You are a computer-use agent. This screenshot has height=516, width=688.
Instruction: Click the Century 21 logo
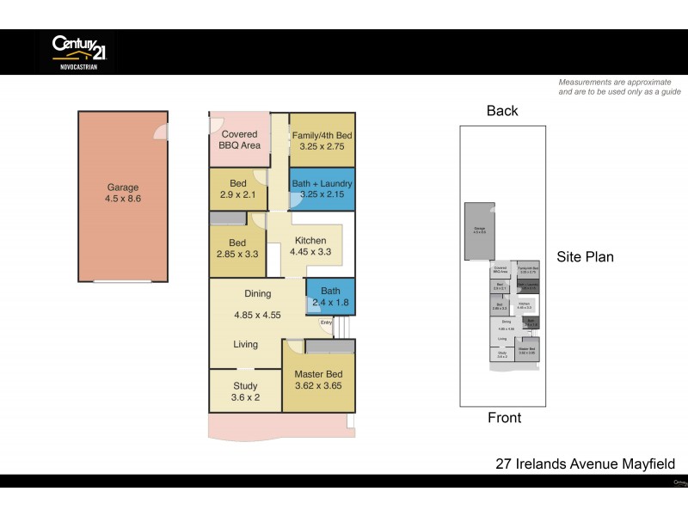click(77, 51)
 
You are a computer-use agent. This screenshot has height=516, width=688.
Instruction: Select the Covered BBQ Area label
click(240, 139)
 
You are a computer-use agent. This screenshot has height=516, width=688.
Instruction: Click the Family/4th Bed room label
click(322, 136)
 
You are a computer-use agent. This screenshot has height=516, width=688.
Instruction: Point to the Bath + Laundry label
click(322, 183)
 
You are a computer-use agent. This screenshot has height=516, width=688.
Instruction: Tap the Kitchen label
click(310, 240)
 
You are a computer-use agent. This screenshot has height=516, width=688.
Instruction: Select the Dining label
click(258, 294)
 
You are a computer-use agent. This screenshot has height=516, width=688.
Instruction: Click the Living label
click(245, 344)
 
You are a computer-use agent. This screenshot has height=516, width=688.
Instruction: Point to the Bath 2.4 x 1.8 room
click(330, 298)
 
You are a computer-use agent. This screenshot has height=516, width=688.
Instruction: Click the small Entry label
click(326, 322)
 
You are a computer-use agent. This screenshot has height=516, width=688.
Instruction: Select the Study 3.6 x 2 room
click(245, 392)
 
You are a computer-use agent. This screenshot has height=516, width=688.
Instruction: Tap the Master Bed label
click(318, 374)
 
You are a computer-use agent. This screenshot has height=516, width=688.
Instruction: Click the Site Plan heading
click(585, 256)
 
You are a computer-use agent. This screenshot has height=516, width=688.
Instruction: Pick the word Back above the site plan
click(502, 110)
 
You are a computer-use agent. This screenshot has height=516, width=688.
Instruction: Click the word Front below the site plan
click(504, 418)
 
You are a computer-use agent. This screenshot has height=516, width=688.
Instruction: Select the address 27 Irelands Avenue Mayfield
click(585, 464)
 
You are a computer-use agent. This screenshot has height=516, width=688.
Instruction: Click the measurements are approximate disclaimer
click(619, 86)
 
